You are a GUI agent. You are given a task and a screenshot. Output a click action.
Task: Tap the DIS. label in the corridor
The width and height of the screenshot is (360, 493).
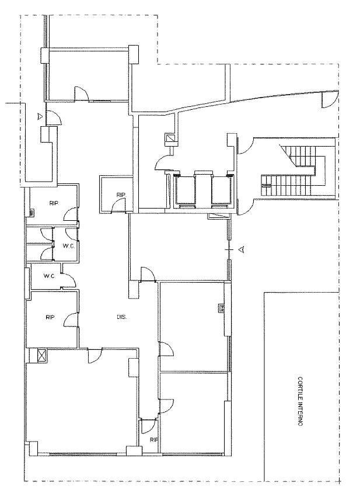point(122,317)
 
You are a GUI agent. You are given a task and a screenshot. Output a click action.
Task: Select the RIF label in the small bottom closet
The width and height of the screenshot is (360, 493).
point(153,440)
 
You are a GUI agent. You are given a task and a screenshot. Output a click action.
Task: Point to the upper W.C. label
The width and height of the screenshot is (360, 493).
point(68,245)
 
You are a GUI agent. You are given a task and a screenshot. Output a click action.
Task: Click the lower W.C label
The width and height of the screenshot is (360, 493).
point(49,276)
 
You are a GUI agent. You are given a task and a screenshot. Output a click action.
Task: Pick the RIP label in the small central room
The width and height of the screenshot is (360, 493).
point(121,195)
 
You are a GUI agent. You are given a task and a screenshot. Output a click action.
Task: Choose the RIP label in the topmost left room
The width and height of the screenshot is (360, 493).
point(54,204)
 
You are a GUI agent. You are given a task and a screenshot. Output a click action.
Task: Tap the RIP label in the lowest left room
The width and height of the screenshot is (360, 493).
point(50,318)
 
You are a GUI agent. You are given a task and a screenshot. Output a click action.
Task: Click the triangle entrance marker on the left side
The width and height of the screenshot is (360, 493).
point(39,116)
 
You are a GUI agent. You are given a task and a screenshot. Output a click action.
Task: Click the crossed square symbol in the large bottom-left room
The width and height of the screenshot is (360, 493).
point(41,355)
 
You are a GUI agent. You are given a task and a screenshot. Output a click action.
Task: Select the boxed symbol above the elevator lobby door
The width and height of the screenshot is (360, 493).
point(171,140)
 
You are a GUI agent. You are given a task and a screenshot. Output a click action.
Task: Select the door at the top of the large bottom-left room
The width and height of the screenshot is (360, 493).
point(95,355)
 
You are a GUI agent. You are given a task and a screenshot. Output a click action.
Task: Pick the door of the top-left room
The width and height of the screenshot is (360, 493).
point(81,93)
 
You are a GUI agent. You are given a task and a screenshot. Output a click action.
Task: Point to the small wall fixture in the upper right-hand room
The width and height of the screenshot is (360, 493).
point(222,308)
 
